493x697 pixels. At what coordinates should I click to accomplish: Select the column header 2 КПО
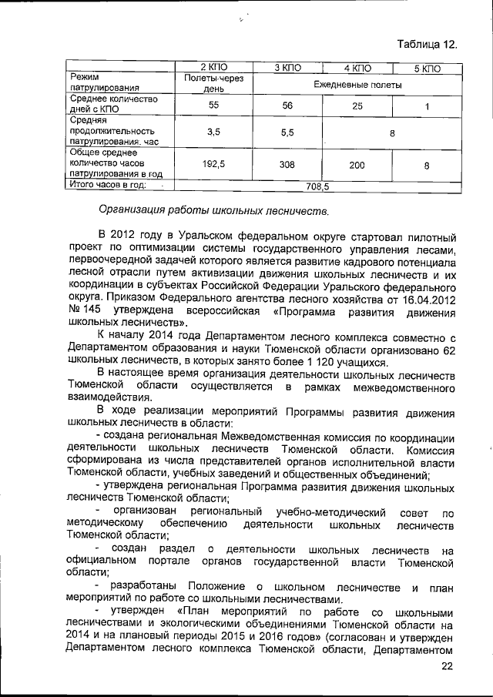click(214, 69)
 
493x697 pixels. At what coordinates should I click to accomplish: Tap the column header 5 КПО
click(426, 69)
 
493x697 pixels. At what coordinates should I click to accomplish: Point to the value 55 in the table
click(214, 104)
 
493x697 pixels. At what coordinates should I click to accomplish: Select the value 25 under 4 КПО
click(357, 104)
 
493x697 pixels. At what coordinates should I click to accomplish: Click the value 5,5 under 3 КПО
click(288, 132)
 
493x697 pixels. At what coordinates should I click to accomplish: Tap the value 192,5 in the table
click(214, 164)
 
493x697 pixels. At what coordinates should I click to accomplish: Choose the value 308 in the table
click(288, 164)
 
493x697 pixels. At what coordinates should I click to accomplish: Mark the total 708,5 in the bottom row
click(317, 186)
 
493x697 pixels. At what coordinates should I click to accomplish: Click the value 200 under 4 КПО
click(357, 164)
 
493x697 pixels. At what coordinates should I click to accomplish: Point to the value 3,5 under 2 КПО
click(214, 132)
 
